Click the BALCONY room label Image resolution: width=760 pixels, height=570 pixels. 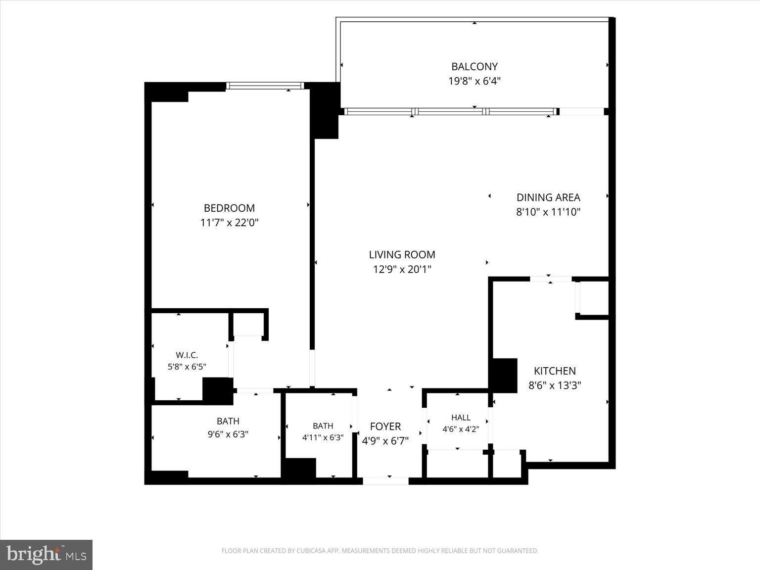click(x=475, y=66)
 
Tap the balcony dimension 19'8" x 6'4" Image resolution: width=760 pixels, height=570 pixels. click(x=475, y=81)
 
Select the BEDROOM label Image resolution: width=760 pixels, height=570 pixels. click(x=229, y=208)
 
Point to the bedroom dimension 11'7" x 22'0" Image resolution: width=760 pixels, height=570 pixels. click(x=229, y=222)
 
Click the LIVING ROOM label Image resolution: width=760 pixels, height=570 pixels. click(x=402, y=255)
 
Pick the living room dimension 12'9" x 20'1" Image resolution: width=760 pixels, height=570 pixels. click(x=402, y=269)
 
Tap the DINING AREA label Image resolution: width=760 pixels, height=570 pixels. click(x=548, y=197)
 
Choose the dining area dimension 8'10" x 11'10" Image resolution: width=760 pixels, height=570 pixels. click(x=548, y=212)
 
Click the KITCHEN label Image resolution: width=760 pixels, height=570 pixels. click(x=555, y=371)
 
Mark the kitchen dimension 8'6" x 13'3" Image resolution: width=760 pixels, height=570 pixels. click(x=555, y=385)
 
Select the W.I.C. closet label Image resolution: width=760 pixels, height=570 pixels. click(x=187, y=355)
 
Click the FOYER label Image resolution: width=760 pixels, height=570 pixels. click(x=385, y=427)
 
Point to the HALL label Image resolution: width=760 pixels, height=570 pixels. click(x=461, y=418)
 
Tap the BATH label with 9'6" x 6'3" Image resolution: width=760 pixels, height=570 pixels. click(x=228, y=421)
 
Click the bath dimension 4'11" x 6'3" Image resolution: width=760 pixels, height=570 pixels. click(x=323, y=437)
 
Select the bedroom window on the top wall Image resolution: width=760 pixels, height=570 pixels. click(x=265, y=86)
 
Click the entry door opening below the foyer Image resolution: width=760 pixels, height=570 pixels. click(x=386, y=481)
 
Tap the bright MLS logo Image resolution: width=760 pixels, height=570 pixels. click(x=46, y=555)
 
